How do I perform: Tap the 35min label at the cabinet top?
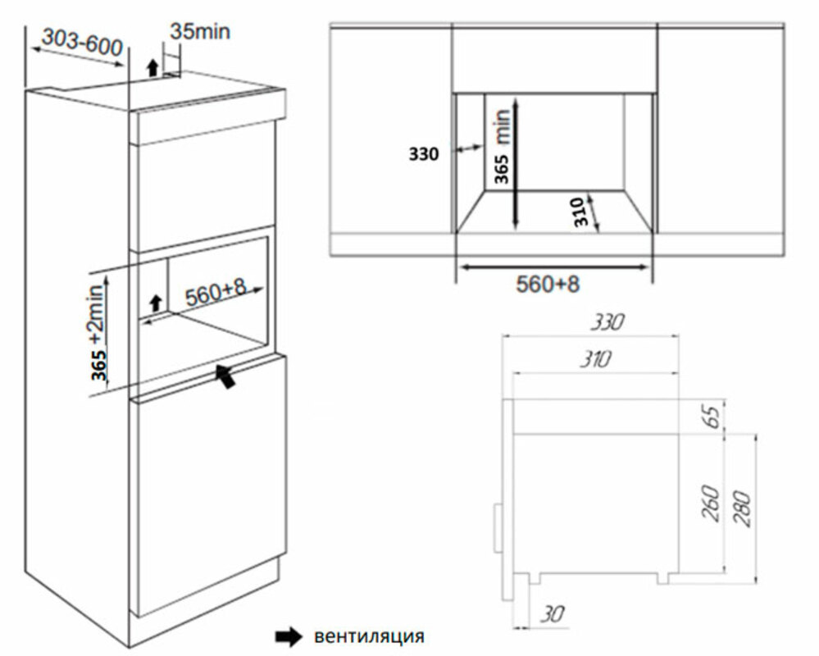[x=200, y=31]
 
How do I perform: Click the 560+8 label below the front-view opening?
[x=548, y=285]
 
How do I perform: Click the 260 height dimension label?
[x=710, y=503]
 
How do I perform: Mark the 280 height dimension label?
[x=744, y=504]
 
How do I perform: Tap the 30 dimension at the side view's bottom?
[x=550, y=613]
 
